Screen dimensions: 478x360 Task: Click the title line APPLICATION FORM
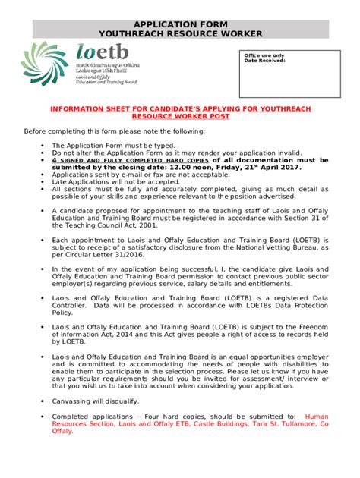[180, 24]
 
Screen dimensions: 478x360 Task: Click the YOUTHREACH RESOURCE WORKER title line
[180, 34]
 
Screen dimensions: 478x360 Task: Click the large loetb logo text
[102, 53]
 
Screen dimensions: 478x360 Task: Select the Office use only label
[264, 55]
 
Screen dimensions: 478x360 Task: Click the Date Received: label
[264, 61]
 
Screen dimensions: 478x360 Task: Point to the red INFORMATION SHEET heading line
[180, 109]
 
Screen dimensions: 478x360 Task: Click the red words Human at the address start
[316, 417]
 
